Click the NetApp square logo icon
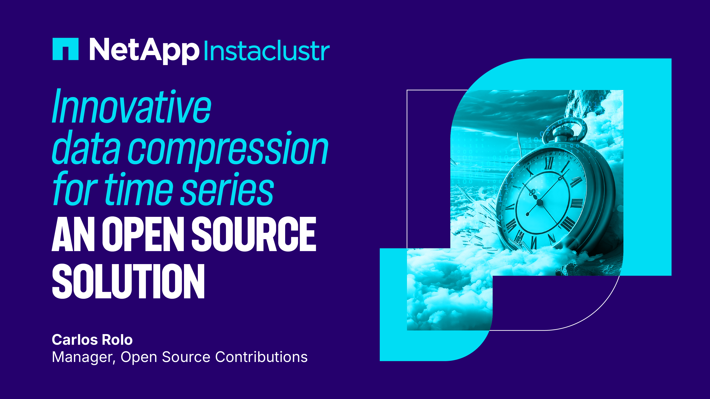point(65,49)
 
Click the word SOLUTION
point(128,281)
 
